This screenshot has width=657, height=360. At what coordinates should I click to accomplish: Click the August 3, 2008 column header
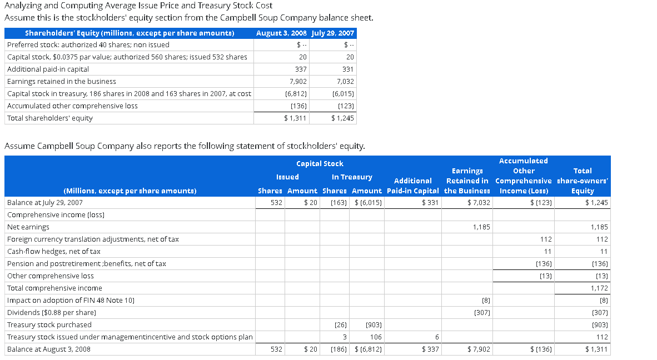pyautogui.click(x=282, y=33)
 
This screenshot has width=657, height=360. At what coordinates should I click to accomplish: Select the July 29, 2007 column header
pyautogui.click(x=333, y=33)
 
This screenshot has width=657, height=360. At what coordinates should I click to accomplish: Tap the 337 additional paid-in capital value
pyautogui.click(x=301, y=69)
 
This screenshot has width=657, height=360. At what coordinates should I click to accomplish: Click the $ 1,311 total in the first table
pyautogui.click(x=295, y=118)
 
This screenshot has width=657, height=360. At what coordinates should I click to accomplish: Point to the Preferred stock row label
pyautogui.click(x=88, y=45)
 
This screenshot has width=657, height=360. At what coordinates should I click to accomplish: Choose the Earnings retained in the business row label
pyautogui.click(x=62, y=82)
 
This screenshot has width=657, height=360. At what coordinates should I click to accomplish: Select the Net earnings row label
pyautogui.click(x=28, y=227)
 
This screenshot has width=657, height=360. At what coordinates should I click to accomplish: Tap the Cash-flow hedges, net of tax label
pyautogui.click(x=54, y=252)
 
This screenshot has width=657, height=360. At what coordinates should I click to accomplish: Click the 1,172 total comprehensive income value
pyautogui.click(x=599, y=288)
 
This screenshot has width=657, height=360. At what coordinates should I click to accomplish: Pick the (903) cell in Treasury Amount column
pyautogui.click(x=373, y=325)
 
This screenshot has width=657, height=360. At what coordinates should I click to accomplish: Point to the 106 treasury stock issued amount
pyautogui.click(x=376, y=337)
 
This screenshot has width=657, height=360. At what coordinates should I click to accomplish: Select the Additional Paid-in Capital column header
pyautogui.click(x=412, y=186)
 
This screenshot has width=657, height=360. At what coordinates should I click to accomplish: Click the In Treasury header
pyautogui.click(x=352, y=177)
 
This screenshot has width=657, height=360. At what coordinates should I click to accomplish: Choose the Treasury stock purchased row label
pyautogui.click(x=49, y=325)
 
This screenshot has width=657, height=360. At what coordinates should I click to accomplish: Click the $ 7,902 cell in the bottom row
pyautogui.click(x=478, y=349)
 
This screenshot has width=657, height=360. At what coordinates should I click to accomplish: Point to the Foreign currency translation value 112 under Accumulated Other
pyautogui.click(x=545, y=239)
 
